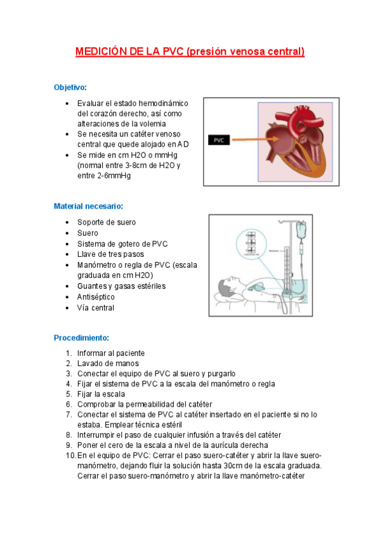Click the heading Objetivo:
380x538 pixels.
click(x=70, y=87)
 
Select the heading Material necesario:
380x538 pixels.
click(x=88, y=206)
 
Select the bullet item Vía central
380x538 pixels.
click(x=96, y=308)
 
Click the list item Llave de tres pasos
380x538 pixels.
click(x=110, y=254)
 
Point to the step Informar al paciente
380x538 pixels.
click(x=111, y=353)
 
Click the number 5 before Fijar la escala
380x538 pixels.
click(x=69, y=394)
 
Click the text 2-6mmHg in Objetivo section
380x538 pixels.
click(x=113, y=176)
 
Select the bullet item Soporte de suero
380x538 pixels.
click(x=107, y=222)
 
